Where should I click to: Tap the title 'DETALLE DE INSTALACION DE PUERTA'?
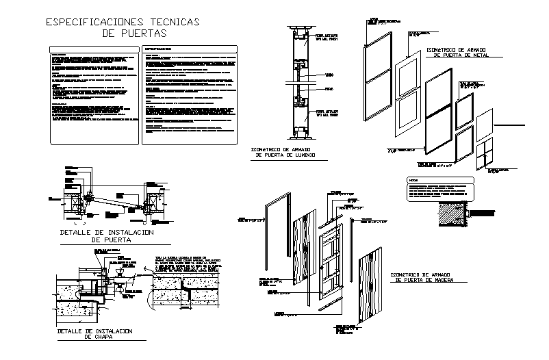[105, 236]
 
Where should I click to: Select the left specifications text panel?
[92, 94]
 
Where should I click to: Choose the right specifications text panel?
[190, 94]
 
